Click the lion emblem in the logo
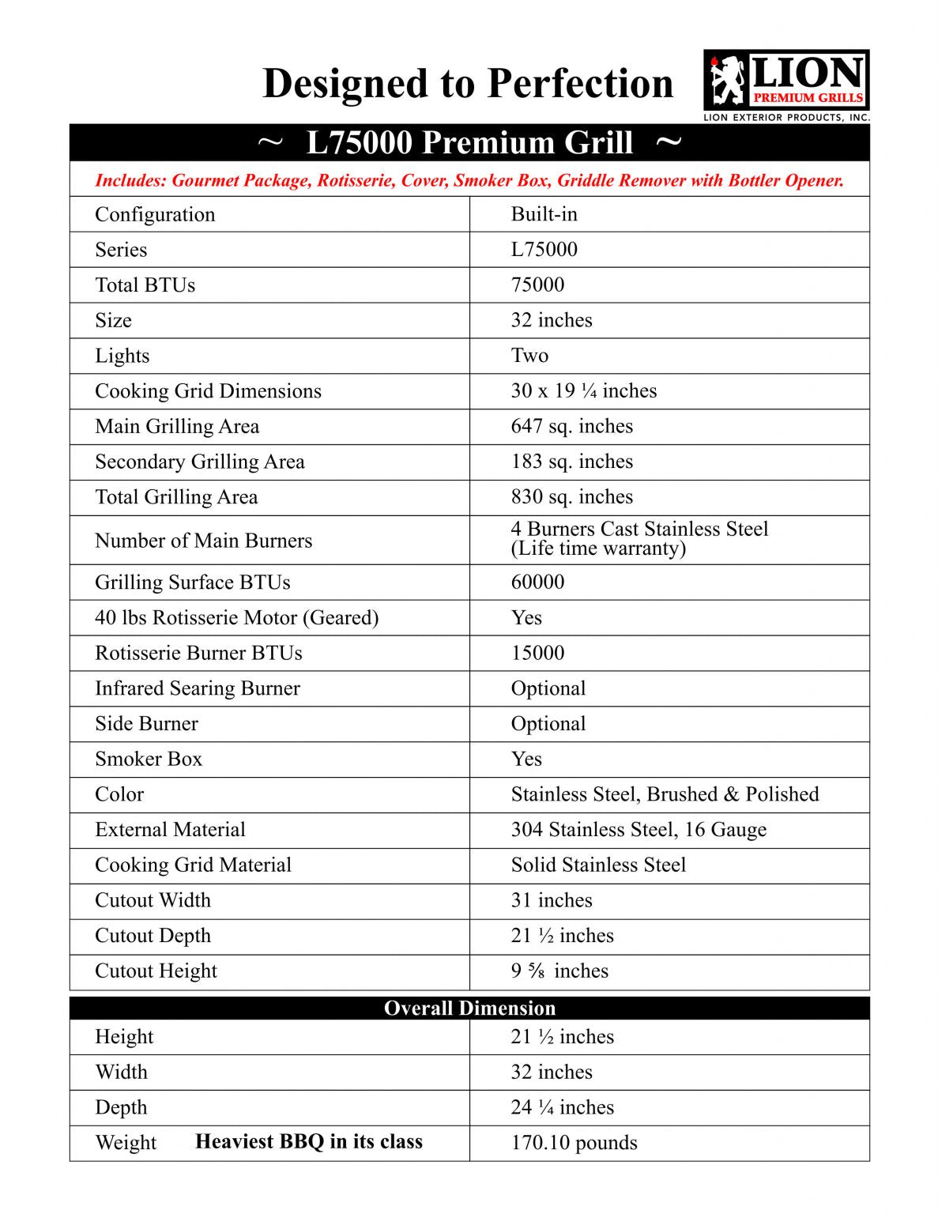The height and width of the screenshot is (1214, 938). [727, 81]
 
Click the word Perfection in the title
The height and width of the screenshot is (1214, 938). [580, 84]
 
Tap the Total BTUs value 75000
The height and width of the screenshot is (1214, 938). [537, 285]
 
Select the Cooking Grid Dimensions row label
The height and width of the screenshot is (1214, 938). [208, 391]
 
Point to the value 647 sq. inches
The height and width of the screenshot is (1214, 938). [571, 427]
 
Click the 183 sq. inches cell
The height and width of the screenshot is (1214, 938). [571, 462]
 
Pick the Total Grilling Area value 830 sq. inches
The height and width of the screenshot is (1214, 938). [571, 497]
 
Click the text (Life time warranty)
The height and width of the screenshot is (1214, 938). [598, 549]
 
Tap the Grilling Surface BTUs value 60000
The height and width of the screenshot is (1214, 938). [537, 582]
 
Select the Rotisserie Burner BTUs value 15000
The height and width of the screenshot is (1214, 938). [537, 654]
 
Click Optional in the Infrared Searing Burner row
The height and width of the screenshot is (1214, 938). [548, 688]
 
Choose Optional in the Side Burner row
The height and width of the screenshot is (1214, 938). [548, 724]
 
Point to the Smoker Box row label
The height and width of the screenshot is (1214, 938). [149, 760]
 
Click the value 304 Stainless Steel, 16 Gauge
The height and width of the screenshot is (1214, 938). [639, 830]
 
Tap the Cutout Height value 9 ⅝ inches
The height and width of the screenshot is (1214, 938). [559, 971]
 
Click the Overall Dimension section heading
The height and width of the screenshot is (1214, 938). [469, 1009]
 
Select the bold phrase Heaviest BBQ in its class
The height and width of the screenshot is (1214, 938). [309, 1142]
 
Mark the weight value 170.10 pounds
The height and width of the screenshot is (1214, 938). [574, 1143]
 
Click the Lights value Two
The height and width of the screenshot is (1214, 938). [529, 356]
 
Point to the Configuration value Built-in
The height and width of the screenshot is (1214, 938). [544, 214]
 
